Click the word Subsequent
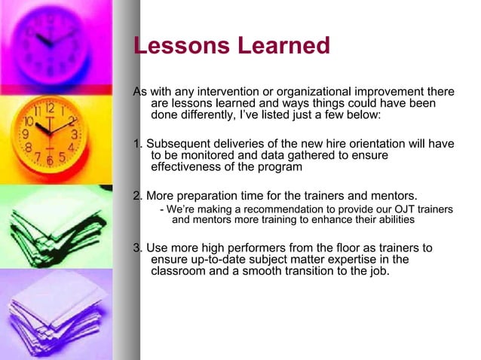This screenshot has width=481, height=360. pos(177,144)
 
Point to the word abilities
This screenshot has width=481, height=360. pos(391,220)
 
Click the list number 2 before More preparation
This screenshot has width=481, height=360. pos(136,196)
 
